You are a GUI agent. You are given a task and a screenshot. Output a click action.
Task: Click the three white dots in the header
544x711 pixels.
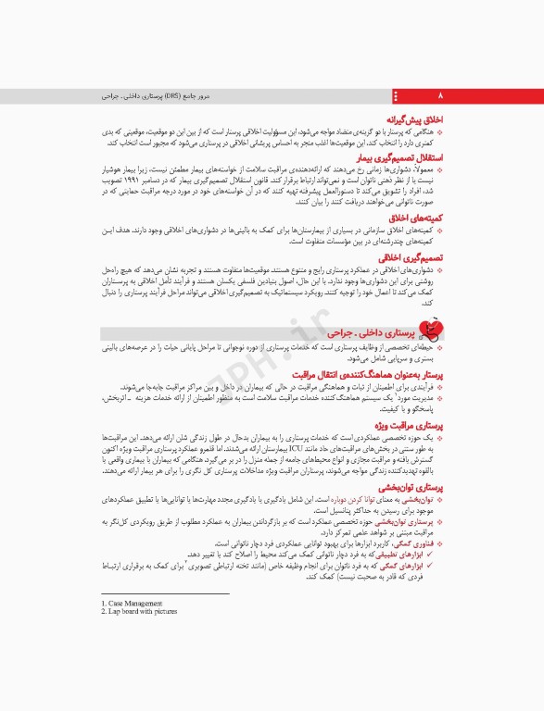pyautogui.click(x=398, y=95)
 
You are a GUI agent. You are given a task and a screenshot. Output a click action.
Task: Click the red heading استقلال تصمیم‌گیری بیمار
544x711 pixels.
pyautogui.click(x=399, y=159)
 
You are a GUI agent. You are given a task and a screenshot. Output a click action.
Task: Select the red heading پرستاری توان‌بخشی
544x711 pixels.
pyautogui.click(x=409, y=486)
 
